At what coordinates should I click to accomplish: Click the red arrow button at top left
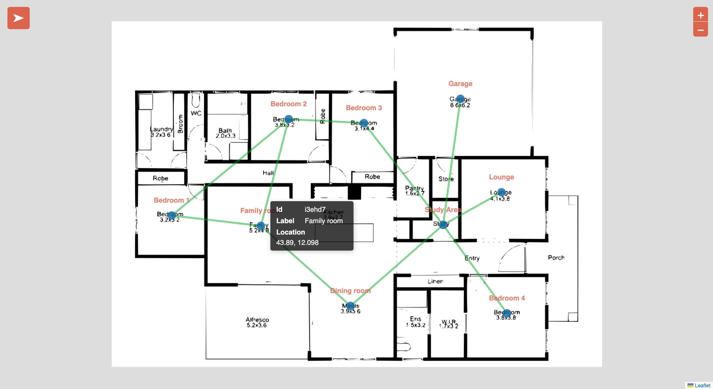coord(19,18)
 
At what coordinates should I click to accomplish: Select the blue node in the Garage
coord(460,99)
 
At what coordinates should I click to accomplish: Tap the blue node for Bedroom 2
coord(289,119)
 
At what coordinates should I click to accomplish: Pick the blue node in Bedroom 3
coord(364,123)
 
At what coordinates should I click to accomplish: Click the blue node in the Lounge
coord(501,192)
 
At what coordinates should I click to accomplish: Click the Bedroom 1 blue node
coord(172,215)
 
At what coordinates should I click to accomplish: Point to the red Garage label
coord(460,84)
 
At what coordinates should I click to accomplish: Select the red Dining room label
coord(350,291)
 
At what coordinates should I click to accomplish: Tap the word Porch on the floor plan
coord(556,258)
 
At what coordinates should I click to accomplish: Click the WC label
coord(196,113)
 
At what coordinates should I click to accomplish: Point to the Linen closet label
coord(435,281)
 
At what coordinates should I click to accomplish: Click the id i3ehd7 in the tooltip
coord(315,209)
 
